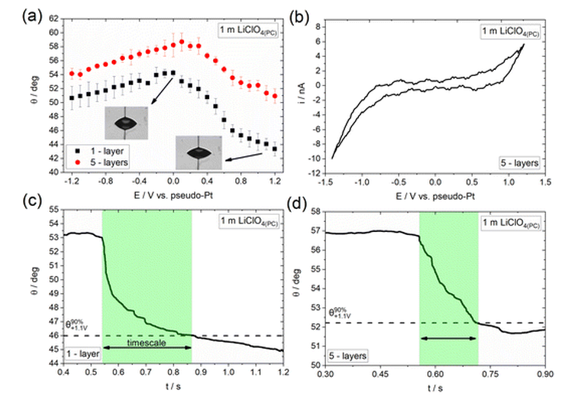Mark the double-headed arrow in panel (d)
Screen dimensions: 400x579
tap(449, 338)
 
